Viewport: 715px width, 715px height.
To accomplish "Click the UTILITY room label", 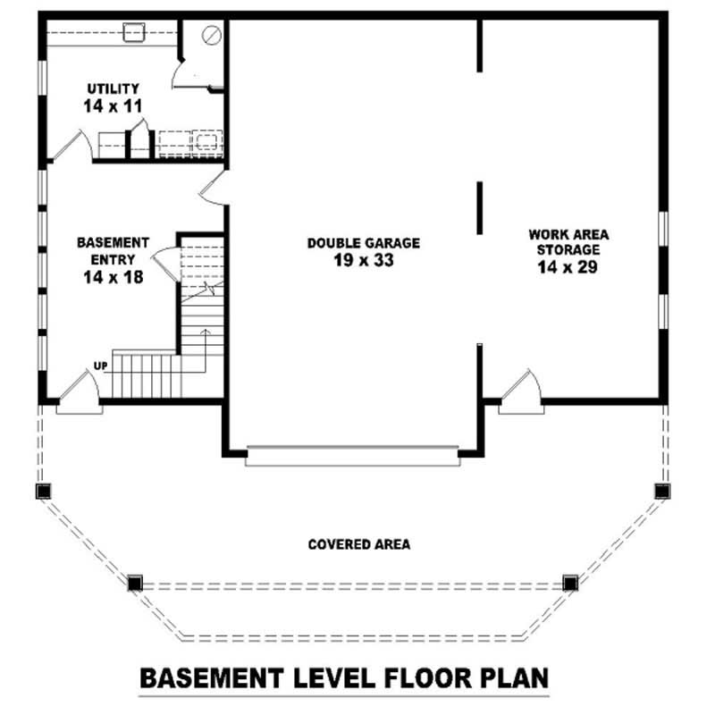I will tap(113, 88).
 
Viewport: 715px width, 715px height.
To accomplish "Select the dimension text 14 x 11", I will tap(113, 105).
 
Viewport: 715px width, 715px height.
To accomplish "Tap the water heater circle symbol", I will tap(212, 36).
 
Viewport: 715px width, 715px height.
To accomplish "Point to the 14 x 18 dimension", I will tap(113, 277).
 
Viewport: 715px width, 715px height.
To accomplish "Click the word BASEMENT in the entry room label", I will tap(113, 242).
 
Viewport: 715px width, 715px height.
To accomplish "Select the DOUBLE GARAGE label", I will tap(363, 243).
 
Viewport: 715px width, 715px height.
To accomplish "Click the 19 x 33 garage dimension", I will tap(363, 260).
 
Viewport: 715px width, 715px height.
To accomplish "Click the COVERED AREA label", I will tap(358, 544).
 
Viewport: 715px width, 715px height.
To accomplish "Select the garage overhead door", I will tap(352, 456).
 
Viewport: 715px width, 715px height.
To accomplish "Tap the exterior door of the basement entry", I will tap(80, 394).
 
